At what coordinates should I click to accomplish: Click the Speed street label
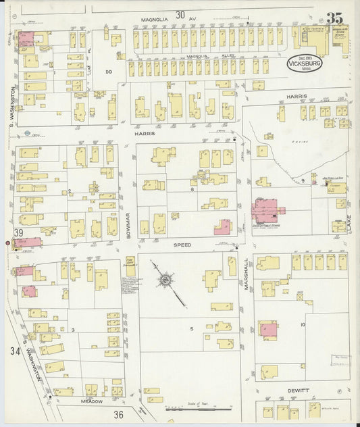[x=182, y=245]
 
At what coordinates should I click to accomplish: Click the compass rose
[x=165, y=278]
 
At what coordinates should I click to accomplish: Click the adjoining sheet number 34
[x=15, y=351]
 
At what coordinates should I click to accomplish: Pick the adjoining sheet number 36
[x=119, y=414]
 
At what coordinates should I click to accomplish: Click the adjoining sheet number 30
[x=180, y=15]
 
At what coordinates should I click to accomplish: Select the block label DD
[x=108, y=70]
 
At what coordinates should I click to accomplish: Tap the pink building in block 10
[x=268, y=330]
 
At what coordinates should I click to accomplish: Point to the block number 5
[x=191, y=329]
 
